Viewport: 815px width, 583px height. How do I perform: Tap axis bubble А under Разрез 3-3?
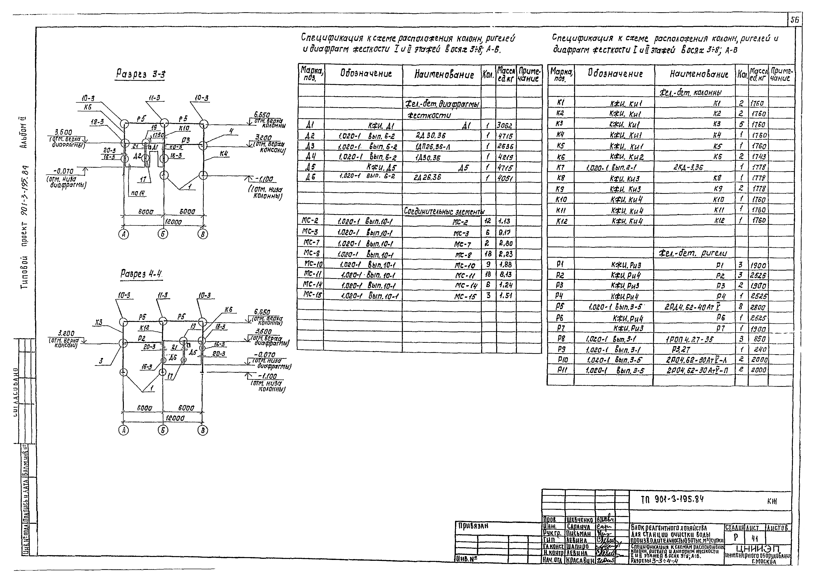click(124, 234)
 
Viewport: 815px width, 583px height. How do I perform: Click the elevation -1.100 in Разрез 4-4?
click(267, 376)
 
